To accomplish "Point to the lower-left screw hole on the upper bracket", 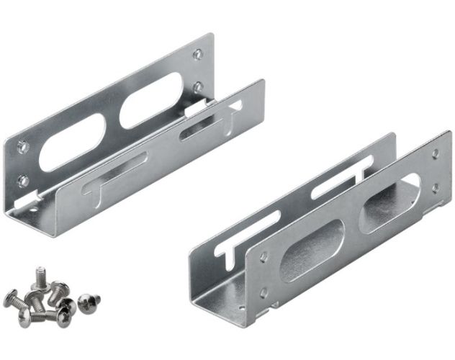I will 24,180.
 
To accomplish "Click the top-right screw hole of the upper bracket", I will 199,53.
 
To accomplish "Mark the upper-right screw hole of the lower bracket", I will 435,154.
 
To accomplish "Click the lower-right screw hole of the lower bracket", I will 434,188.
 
